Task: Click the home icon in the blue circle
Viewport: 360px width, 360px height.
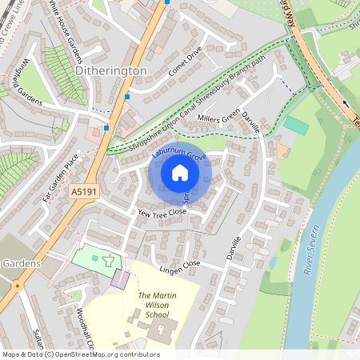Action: pos(180,172)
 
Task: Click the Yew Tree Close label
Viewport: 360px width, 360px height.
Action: pos(162,213)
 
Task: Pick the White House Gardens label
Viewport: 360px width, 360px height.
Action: pos(64,32)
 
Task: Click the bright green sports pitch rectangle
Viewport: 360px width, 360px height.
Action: pos(296,126)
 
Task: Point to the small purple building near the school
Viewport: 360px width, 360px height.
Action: pos(119,279)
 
